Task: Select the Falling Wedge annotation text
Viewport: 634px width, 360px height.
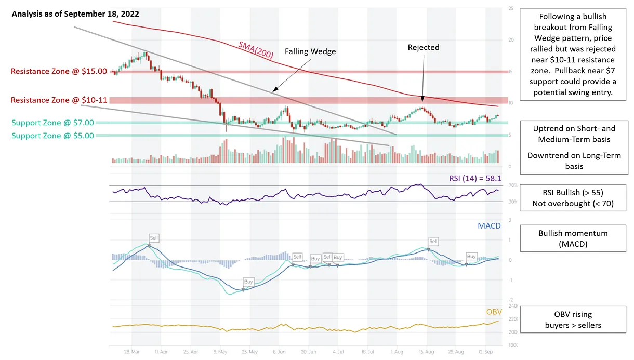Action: coord(310,51)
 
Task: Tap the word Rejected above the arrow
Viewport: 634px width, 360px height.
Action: coord(423,47)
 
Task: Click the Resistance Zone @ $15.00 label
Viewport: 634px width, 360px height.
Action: coord(59,71)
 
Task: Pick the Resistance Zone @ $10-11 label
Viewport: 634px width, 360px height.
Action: coord(59,100)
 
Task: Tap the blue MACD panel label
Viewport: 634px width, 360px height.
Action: coord(488,226)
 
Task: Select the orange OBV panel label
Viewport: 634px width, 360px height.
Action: coord(494,312)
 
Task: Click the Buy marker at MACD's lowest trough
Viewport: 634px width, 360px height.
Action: coord(248,282)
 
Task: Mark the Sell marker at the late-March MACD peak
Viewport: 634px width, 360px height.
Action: coord(154,238)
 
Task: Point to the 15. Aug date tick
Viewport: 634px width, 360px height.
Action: coord(427,351)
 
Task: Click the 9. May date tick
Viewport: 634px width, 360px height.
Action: coord(220,351)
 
